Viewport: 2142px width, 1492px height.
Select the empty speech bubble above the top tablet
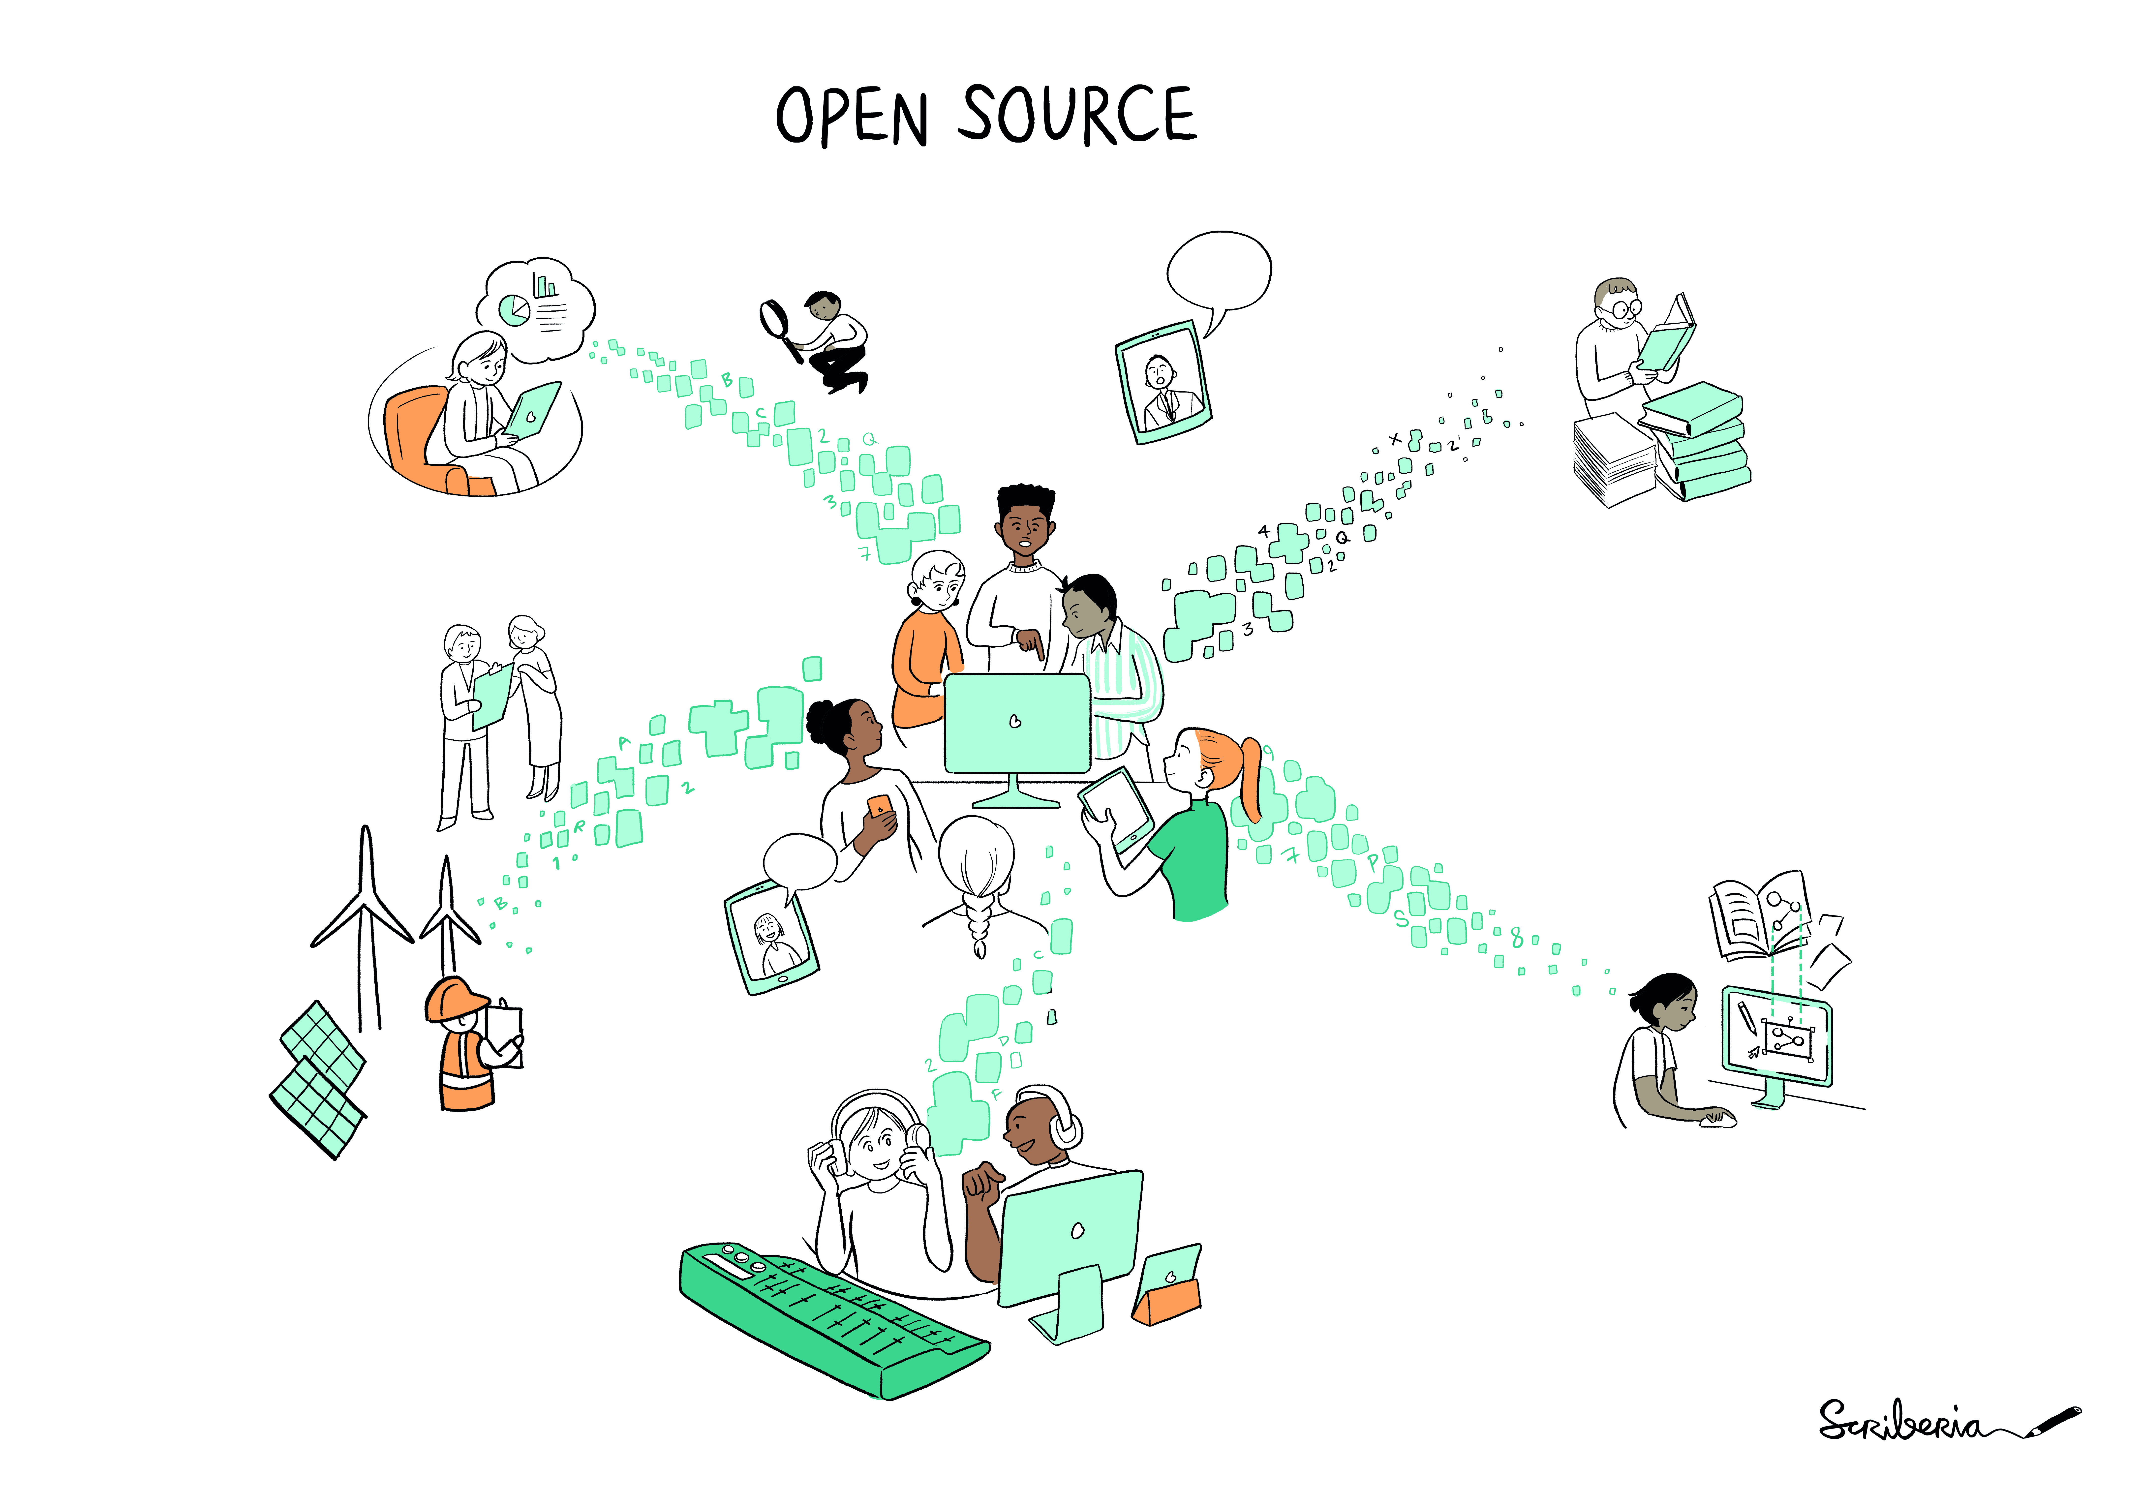pyautogui.click(x=1219, y=275)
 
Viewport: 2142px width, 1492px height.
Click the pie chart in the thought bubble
pyautogui.click(x=513, y=309)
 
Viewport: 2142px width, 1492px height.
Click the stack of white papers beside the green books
pyautogui.click(x=1614, y=460)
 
